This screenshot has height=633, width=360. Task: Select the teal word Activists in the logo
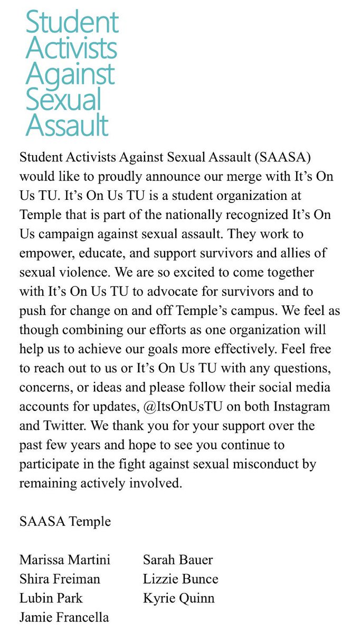(71, 48)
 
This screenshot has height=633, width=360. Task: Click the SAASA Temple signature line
(65, 521)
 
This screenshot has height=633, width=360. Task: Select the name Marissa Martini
(65, 560)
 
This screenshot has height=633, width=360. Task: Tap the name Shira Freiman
(60, 579)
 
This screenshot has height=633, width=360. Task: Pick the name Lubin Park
(51, 598)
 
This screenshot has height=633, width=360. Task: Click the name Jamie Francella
(64, 617)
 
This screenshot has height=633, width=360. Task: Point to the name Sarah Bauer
(177, 560)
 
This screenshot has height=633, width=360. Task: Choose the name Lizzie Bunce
(180, 579)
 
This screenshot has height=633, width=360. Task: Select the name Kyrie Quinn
(178, 598)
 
